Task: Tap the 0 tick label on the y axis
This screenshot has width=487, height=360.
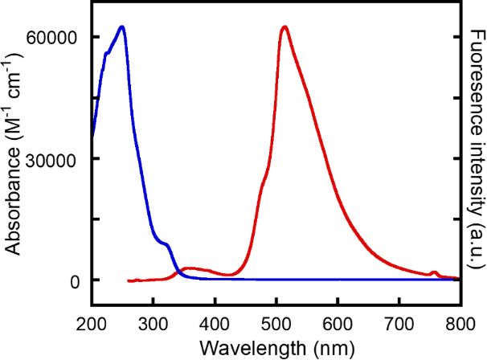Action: (x=74, y=280)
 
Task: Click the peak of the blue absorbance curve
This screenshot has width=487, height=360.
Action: (x=121, y=27)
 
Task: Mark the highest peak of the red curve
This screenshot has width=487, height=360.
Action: (x=284, y=27)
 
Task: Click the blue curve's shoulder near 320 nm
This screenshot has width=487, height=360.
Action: (x=166, y=243)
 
